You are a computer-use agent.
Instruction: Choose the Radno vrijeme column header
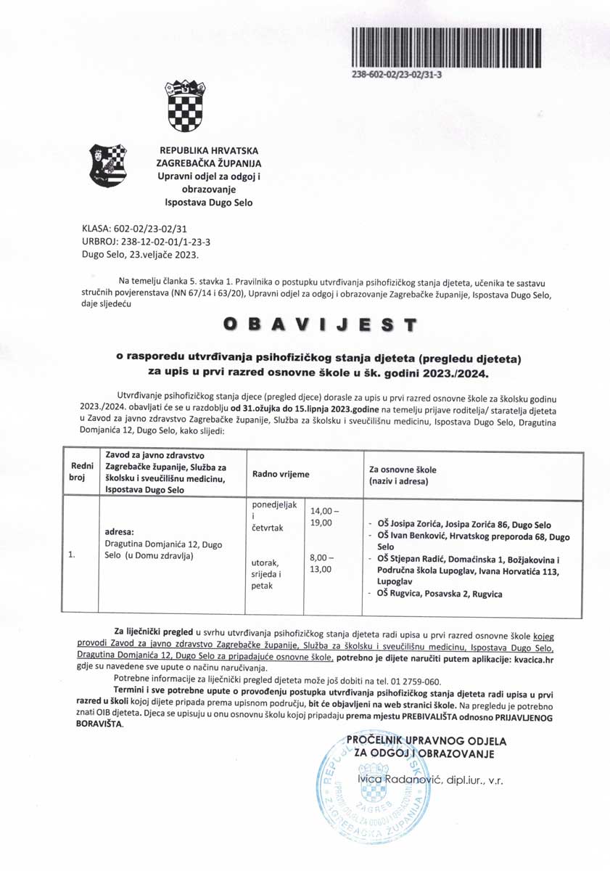[281, 474]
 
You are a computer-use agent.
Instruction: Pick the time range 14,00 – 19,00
[321, 517]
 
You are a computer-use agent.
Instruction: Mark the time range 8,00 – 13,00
[321, 563]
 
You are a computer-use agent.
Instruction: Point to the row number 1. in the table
[72, 555]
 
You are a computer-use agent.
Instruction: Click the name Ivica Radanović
[392, 780]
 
